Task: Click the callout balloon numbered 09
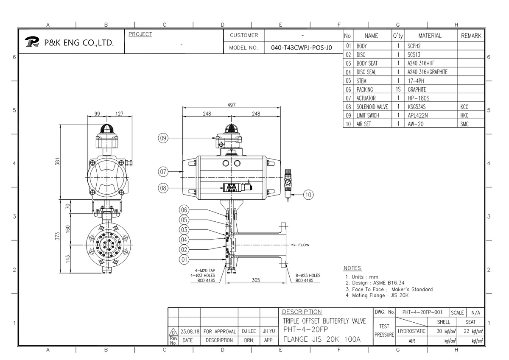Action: point(163,137)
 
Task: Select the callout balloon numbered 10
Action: point(308,194)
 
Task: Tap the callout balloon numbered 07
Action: point(163,172)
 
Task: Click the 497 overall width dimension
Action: point(232,105)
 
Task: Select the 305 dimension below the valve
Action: point(256,280)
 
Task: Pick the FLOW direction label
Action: point(303,245)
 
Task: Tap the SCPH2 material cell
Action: point(414,46)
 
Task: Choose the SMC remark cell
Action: point(464,124)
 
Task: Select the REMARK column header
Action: point(471,36)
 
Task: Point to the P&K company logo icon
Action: point(32,42)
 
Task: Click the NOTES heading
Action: point(352,268)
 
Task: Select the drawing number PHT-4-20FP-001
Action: point(422,313)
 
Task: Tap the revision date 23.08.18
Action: point(190,331)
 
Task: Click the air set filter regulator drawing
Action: point(289,182)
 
